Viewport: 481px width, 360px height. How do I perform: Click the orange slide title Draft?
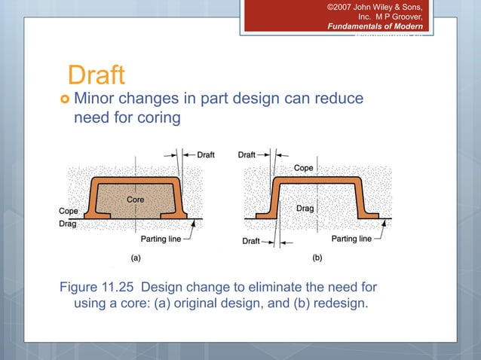pos(95,75)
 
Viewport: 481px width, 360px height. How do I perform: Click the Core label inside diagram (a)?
pos(136,200)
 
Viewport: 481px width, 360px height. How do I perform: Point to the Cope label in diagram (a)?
pos(69,212)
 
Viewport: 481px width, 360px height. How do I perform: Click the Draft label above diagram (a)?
pos(205,154)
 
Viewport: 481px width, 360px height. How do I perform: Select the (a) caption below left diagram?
pos(136,257)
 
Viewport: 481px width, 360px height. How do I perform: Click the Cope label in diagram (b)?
pos(305,167)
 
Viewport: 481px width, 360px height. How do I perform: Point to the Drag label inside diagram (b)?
pos(305,207)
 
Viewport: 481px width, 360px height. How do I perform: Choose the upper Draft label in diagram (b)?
pos(247,154)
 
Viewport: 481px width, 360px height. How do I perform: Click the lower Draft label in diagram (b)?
pos(251,241)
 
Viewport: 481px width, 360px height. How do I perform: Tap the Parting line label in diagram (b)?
pos(351,239)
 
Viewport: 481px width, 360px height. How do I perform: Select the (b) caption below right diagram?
pos(317,257)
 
